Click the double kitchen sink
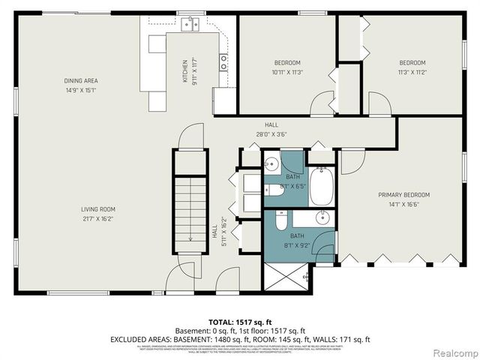tap(191, 25)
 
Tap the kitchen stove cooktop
tap(223, 63)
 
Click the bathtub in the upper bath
tap(323, 187)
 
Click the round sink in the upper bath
tap(271, 163)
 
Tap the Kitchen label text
tap(185, 71)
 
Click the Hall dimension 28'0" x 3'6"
tap(271, 135)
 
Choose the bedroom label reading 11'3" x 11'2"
tap(412, 72)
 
